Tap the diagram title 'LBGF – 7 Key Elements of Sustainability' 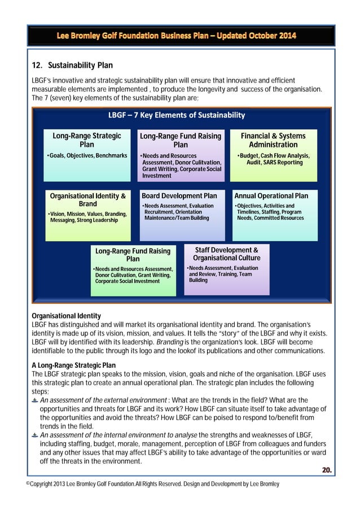tap(176, 115)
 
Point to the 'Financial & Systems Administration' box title tap(273, 140)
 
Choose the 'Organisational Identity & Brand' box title tap(87, 200)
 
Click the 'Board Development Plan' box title tap(179, 196)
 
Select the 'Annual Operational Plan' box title tap(271, 196)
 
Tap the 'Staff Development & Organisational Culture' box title tap(226, 254)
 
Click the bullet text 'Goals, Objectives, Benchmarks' tap(87, 155)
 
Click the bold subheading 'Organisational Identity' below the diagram tap(66, 316)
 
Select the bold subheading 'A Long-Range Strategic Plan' tap(73, 365)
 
